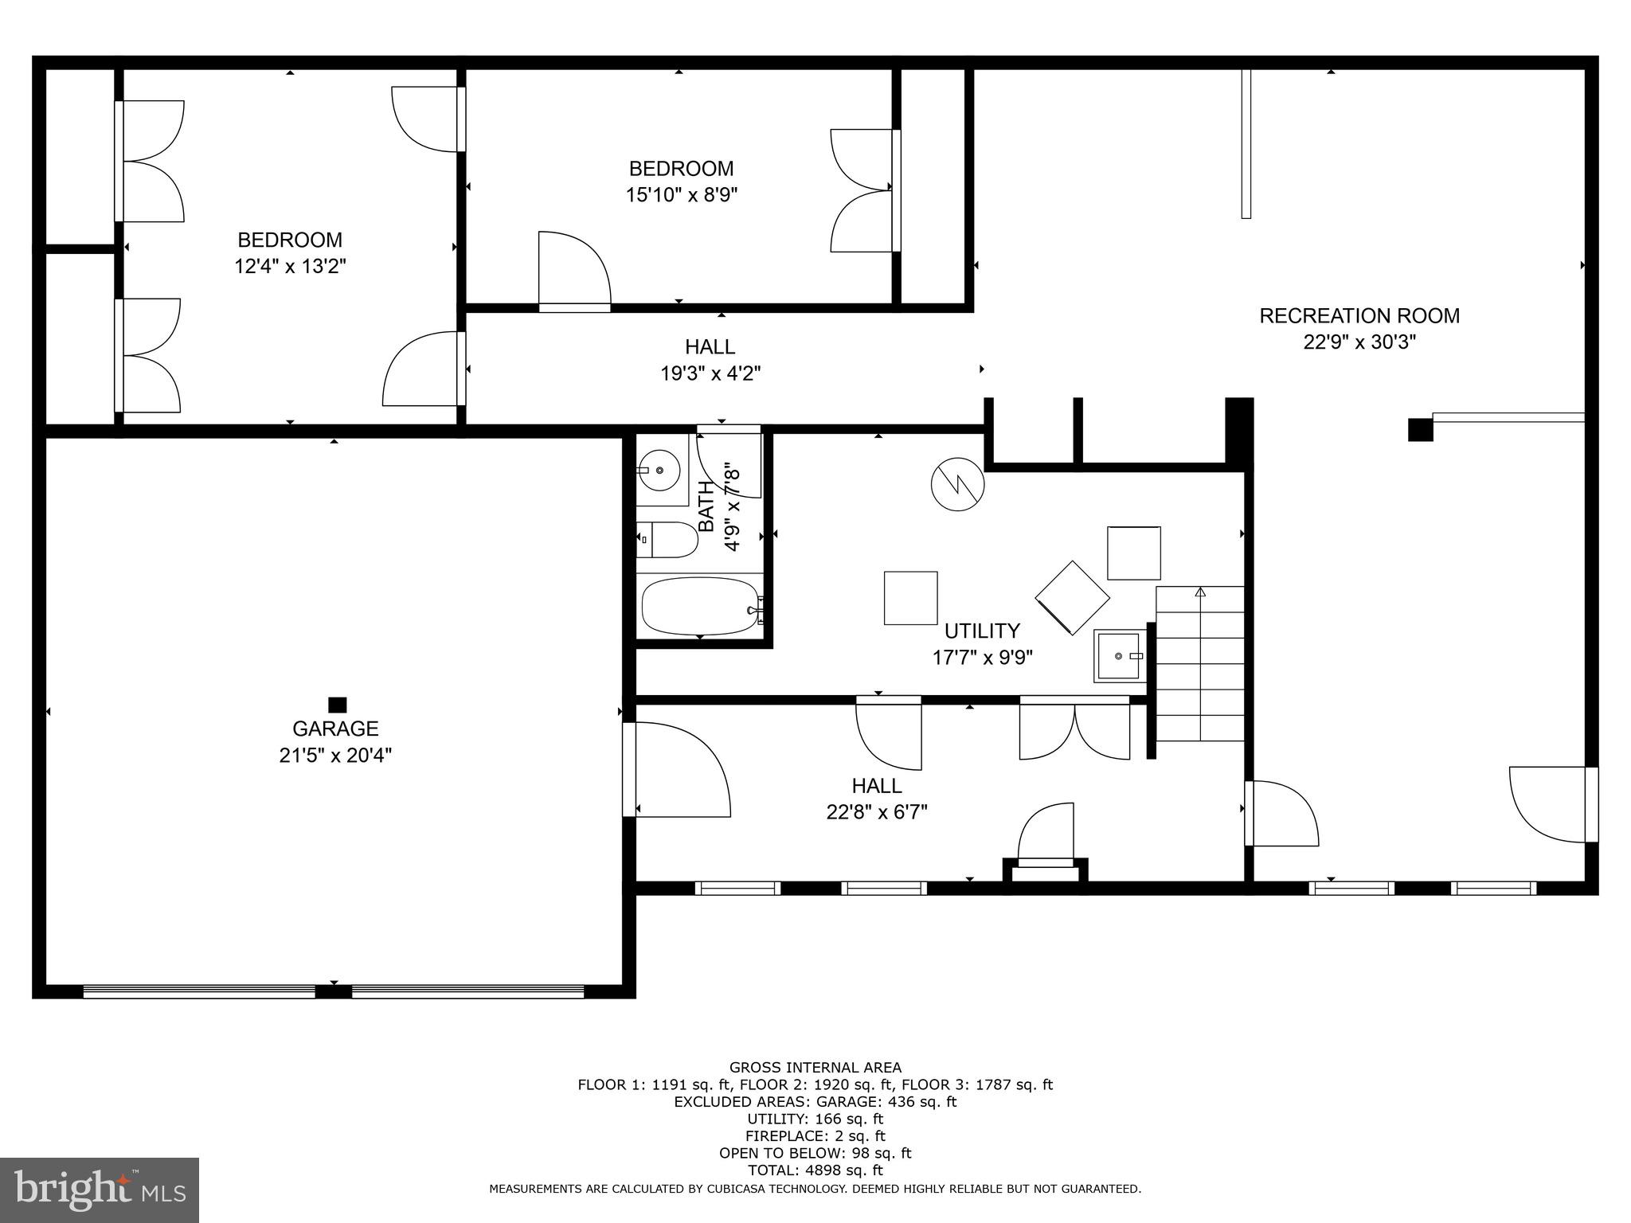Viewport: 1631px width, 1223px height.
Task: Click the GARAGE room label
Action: (x=335, y=729)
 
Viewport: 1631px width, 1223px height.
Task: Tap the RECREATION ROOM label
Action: (x=1359, y=316)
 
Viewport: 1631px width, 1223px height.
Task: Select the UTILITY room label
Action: (x=981, y=631)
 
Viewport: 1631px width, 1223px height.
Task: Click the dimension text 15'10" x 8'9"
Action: (x=681, y=195)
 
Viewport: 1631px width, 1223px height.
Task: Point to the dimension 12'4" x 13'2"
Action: (x=290, y=266)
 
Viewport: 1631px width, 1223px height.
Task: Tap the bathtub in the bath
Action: (x=701, y=607)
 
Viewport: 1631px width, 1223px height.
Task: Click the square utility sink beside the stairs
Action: (x=1121, y=655)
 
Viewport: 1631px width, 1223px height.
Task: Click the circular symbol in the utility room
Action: (x=958, y=483)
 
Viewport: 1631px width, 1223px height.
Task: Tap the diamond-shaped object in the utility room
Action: (x=1072, y=597)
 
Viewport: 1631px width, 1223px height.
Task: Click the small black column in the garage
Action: (x=337, y=705)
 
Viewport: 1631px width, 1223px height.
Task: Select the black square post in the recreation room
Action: (x=1420, y=429)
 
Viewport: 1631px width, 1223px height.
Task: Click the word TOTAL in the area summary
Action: (x=773, y=1170)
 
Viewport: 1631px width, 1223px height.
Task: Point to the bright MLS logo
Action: (x=100, y=1190)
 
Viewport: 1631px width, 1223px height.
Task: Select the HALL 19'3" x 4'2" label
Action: (x=710, y=360)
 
